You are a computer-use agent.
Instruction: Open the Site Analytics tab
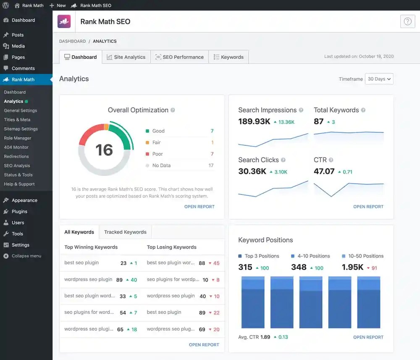tap(126, 57)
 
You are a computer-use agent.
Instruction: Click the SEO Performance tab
tap(179, 57)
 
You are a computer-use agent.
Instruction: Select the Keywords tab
tap(228, 57)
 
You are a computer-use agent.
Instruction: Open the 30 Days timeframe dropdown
tap(379, 79)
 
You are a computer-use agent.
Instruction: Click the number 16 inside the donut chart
tap(104, 150)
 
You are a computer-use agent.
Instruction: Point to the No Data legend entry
tap(161, 166)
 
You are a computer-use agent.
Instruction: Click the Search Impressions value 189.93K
tap(254, 122)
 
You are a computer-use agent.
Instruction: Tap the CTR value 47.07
tap(324, 171)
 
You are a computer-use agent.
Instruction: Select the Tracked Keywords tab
tap(125, 232)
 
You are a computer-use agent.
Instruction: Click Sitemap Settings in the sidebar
tap(21, 129)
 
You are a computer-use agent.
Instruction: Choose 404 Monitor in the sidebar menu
tap(16, 147)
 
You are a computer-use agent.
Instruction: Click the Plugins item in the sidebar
tap(19, 212)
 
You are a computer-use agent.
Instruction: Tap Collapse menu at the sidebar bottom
tap(26, 256)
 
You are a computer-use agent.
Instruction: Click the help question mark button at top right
tap(407, 21)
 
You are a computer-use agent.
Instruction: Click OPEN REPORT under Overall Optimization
tap(199, 207)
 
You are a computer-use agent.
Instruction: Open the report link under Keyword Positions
tap(368, 337)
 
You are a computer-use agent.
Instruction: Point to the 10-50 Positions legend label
tap(365, 256)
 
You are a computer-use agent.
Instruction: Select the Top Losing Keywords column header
tap(171, 247)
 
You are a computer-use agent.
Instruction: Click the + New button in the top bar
tap(58, 5)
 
